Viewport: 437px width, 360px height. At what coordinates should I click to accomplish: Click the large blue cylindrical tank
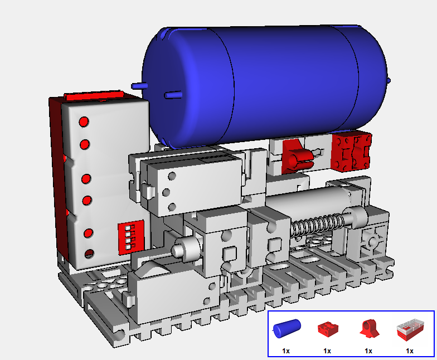[265, 84]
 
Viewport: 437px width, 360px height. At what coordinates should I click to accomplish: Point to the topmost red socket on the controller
[84, 121]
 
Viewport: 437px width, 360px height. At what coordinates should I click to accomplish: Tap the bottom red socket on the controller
[89, 254]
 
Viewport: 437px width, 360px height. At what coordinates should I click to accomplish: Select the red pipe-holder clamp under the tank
[297, 157]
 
